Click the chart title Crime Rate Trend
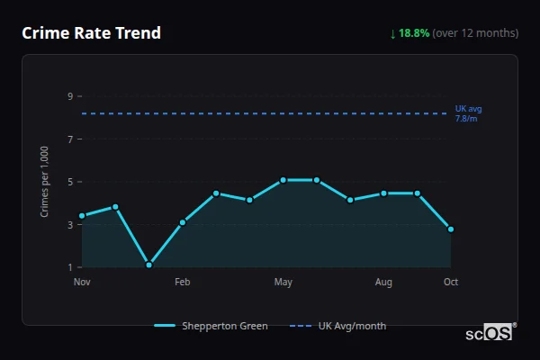(x=91, y=33)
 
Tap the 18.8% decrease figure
(x=414, y=33)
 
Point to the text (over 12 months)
(x=475, y=33)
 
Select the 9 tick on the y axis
(x=70, y=96)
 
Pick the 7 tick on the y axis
(x=70, y=139)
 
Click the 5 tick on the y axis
(x=70, y=182)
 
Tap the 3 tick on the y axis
(x=70, y=225)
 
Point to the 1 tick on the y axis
(x=70, y=267)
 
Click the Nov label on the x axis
(x=82, y=283)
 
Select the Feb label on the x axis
(x=183, y=283)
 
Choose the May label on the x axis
(x=283, y=283)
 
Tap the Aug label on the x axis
(x=383, y=283)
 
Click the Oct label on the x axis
(x=451, y=283)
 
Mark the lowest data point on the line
(x=148, y=265)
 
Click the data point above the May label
(x=283, y=180)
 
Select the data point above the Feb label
(x=183, y=222)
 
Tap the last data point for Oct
(x=451, y=229)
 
